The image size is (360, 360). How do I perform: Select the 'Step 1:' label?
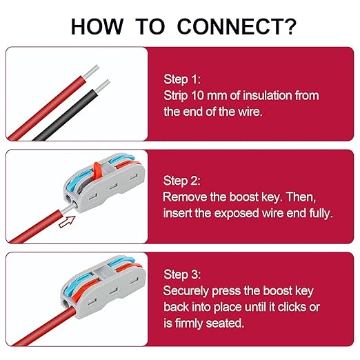tap(182, 79)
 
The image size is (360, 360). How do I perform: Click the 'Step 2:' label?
tap(181, 181)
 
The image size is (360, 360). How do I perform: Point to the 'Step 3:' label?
tap(182, 274)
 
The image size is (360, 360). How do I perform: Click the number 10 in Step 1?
tap(197, 95)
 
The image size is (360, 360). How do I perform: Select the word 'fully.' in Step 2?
tap(321, 213)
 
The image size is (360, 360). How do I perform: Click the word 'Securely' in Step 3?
tap(186, 291)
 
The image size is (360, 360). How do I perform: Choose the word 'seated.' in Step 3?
tap(225, 323)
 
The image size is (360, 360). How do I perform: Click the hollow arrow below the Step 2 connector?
tap(67, 222)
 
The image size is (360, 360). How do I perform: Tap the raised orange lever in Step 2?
tap(98, 170)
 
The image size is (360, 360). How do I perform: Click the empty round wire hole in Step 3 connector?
tap(66, 303)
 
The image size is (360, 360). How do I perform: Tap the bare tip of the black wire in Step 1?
tap(102, 86)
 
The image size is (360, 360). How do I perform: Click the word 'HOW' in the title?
tap(97, 26)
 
